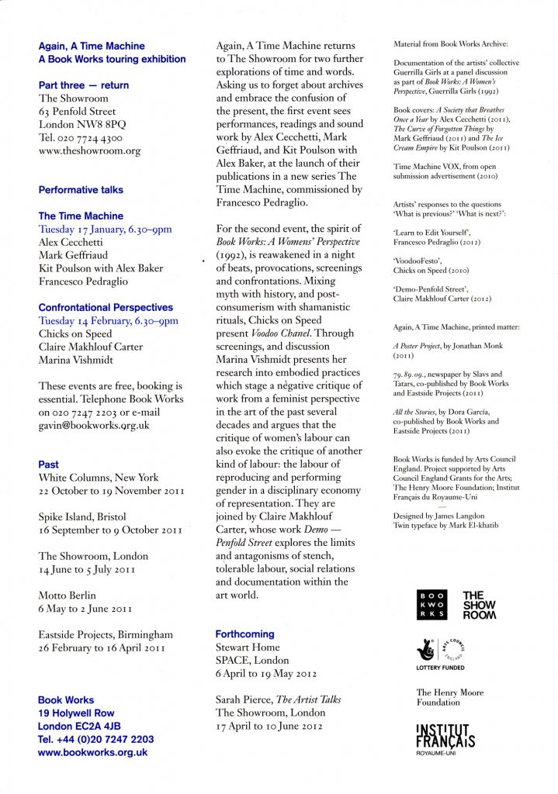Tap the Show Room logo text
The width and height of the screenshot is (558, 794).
[479, 605]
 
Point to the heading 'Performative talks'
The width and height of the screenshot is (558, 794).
[81, 189]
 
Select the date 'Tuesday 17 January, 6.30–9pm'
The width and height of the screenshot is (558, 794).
[105, 229]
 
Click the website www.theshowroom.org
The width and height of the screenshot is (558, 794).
[89, 151]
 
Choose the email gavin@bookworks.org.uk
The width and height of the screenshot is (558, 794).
[94, 426]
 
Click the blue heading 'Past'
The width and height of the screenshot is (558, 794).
[48, 464]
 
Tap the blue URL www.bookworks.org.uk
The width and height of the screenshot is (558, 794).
[92, 752]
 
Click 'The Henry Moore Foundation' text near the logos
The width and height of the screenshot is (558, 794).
[450, 697]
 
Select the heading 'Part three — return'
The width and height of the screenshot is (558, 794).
[83, 85]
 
